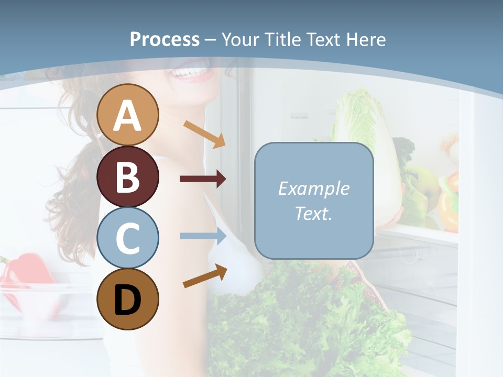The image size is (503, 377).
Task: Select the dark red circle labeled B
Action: point(128,176)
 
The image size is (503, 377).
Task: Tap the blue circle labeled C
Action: point(128,238)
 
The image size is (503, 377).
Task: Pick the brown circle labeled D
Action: point(128,299)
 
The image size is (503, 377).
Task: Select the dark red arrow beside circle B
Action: point(203,179)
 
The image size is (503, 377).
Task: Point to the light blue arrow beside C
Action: point(203,236)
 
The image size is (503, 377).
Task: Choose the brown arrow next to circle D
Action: point(205,275)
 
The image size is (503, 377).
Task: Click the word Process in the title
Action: point(165,40)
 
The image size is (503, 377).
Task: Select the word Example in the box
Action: point(313,188)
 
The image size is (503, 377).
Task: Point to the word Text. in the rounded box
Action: point(313,213)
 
